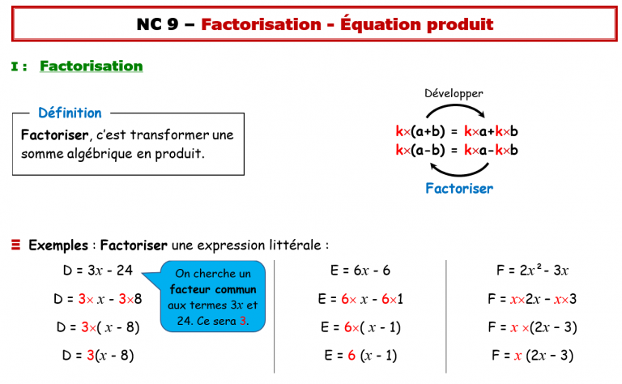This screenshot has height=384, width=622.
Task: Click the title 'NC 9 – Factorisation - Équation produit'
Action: click(314, 24)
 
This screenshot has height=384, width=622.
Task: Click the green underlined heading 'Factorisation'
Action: click(91, 66)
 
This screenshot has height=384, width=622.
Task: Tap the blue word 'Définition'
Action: click(70, 113)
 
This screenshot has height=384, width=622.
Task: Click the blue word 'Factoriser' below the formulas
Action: click(459, 189)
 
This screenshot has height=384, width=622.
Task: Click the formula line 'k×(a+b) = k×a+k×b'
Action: click(457, 131)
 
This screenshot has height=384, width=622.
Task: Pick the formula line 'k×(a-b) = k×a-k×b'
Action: click(457, 150)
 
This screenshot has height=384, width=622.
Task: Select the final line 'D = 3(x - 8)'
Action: click(94, 355)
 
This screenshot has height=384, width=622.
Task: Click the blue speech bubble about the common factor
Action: click(213, 298)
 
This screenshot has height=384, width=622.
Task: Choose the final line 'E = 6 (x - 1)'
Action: click(360, 355)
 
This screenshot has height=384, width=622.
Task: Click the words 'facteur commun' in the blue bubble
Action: click(213, 289)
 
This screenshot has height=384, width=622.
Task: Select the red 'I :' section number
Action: click(20, 66)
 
